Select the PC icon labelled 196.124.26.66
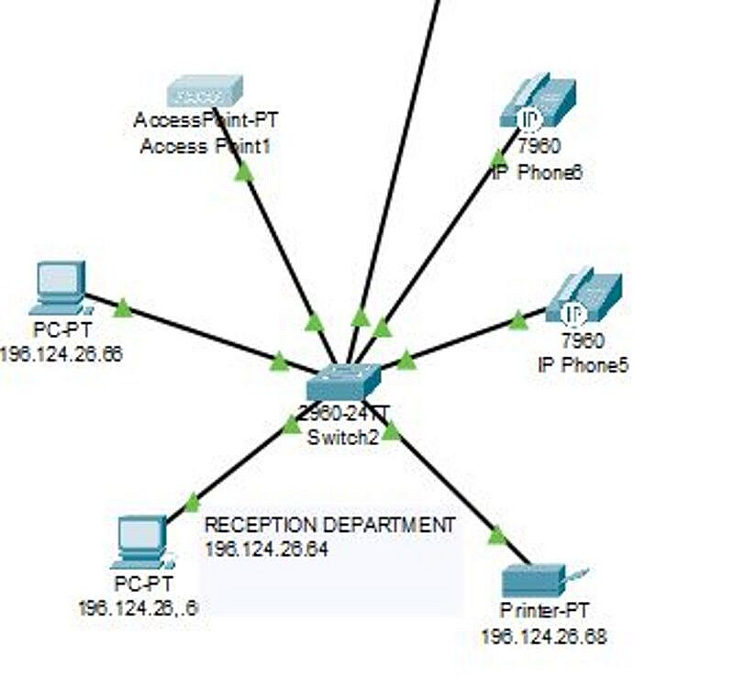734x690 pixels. pos(61,286)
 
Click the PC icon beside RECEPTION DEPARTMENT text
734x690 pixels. pos(141,541)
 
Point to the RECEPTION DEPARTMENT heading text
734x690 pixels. pos(329,525)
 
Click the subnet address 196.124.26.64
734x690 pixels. pos(266,549)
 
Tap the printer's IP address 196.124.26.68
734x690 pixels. pos(543,636)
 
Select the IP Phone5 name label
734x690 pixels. pos(583,364)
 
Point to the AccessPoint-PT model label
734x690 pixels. pos(206,120)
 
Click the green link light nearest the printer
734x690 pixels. pos(497,535)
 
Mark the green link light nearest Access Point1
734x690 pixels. pos(243,172)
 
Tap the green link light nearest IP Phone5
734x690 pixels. pos(518,319)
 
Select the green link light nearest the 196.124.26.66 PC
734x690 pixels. pos(123,307)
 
